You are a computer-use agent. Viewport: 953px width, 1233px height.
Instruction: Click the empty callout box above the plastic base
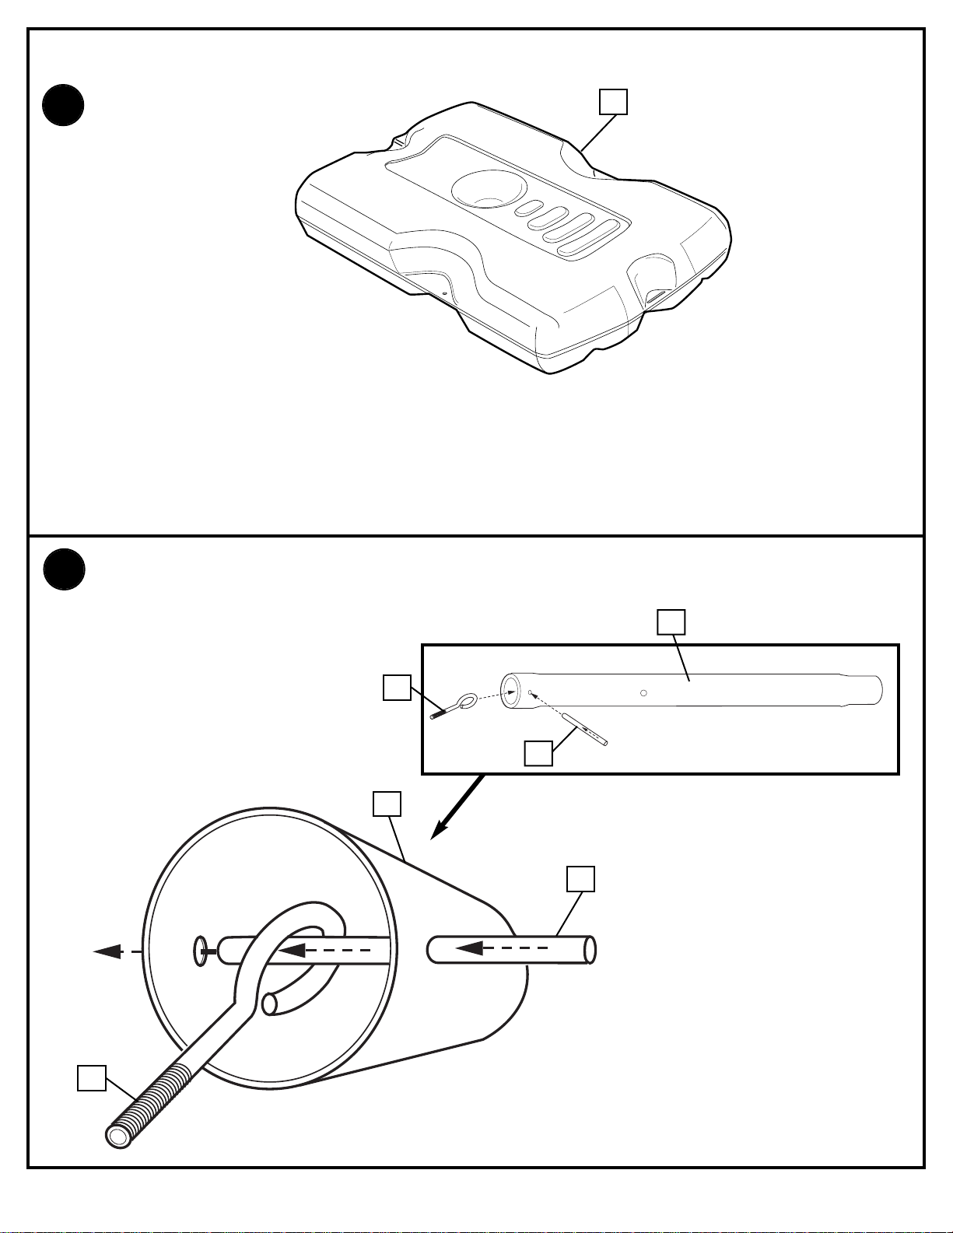(612, 102)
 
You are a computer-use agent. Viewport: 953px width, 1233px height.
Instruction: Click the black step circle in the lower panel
(63, 569)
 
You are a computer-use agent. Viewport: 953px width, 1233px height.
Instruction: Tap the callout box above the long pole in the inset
(671, 622)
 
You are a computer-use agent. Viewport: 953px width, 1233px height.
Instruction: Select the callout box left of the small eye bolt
(397, 688)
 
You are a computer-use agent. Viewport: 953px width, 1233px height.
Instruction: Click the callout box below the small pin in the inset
(538, 753)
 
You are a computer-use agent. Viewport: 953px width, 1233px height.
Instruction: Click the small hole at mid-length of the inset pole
(643, 692)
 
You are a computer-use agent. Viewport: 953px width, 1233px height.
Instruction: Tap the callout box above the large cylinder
(387, 804)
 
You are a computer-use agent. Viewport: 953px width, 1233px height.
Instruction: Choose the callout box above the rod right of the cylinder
(580, 878)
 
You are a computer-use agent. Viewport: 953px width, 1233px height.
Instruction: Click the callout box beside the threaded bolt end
(92, 1078)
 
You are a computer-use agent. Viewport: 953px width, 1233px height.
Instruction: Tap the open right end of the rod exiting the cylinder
(590, 951)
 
